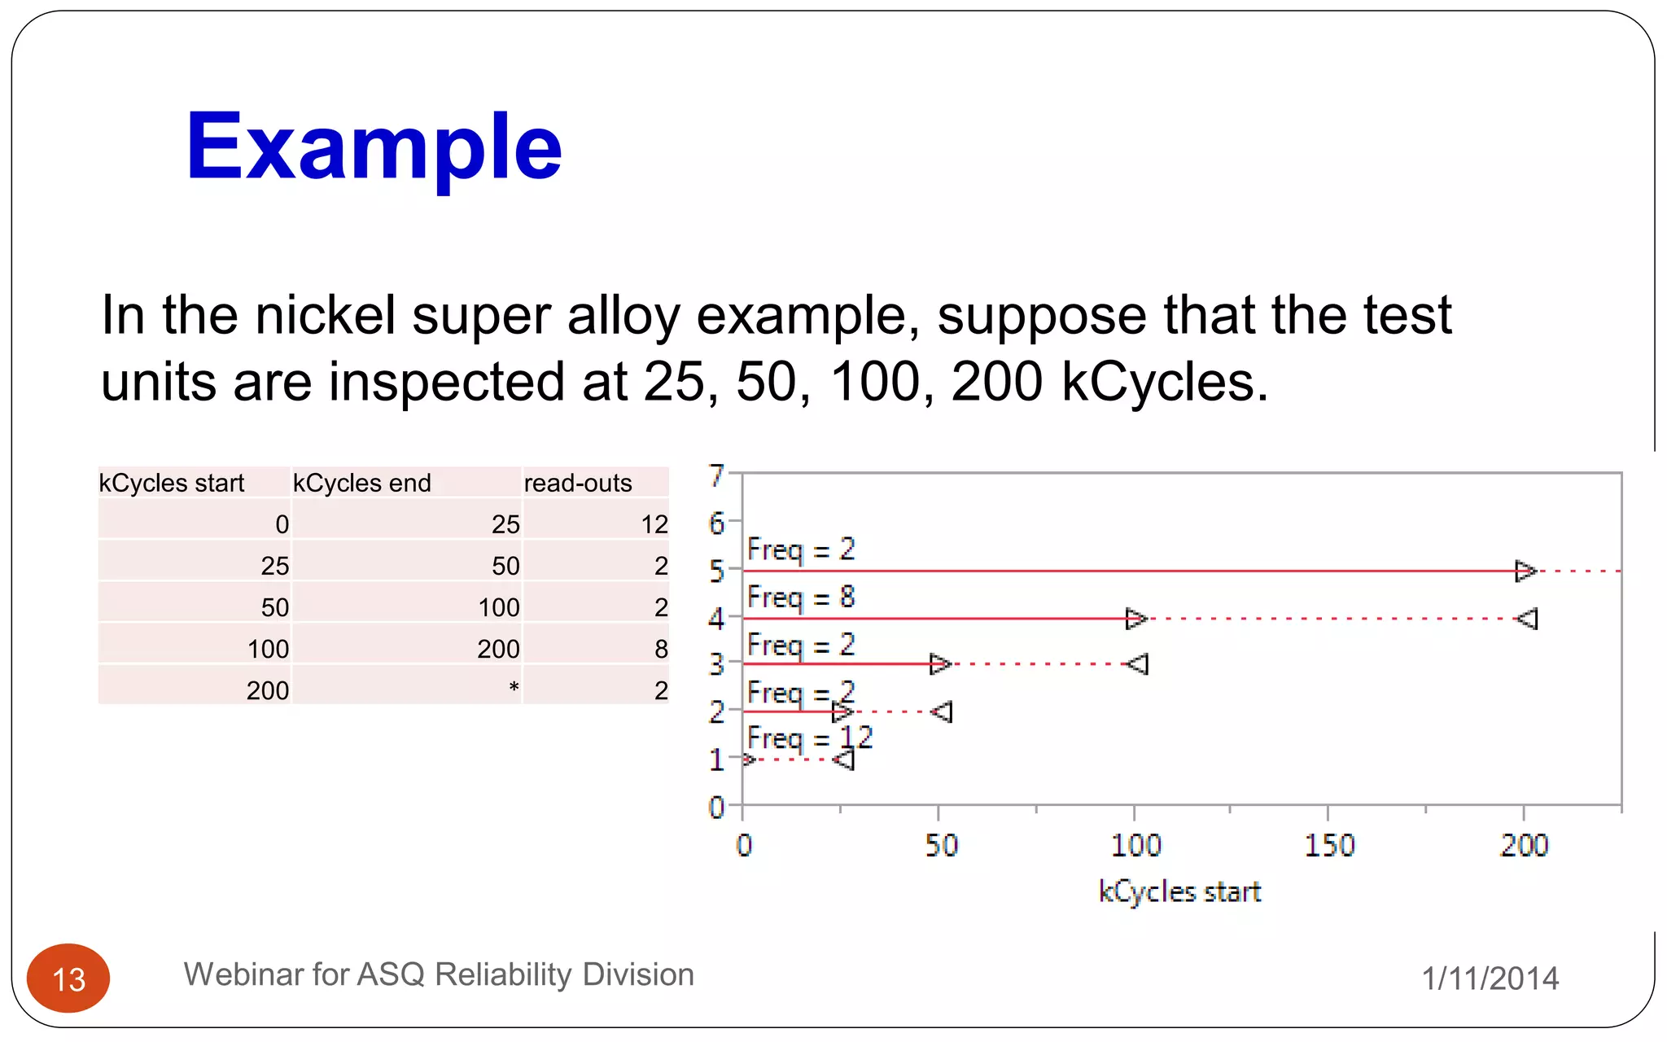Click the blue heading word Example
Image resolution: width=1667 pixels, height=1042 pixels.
point(374,147)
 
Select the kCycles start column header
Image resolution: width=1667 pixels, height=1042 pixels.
point(172,483)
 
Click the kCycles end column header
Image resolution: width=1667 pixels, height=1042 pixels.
point(361,483)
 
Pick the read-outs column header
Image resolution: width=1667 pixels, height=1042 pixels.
point(578,483)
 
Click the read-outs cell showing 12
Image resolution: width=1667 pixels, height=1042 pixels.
point(654,524)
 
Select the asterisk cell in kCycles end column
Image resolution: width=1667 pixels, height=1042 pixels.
point(514,689)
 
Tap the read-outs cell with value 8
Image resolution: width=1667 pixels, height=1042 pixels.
point(661,649)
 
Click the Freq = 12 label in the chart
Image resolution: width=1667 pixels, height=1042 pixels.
point(810,738)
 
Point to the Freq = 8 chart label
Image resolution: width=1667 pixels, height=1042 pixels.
point(801,598)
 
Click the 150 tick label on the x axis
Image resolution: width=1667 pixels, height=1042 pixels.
point(1329,846)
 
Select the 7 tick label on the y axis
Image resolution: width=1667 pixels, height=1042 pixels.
point(716,475)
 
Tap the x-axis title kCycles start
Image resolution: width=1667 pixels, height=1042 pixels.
point(1179,892)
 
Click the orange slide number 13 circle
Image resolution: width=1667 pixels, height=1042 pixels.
point(68,979)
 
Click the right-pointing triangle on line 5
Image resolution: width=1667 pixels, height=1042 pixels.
point(1525,571)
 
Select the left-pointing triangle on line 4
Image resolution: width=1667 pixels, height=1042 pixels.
point(1527,619)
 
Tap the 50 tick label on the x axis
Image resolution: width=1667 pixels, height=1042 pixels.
point(941,846)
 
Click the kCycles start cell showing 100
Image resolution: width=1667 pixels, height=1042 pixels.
point(268,649)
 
